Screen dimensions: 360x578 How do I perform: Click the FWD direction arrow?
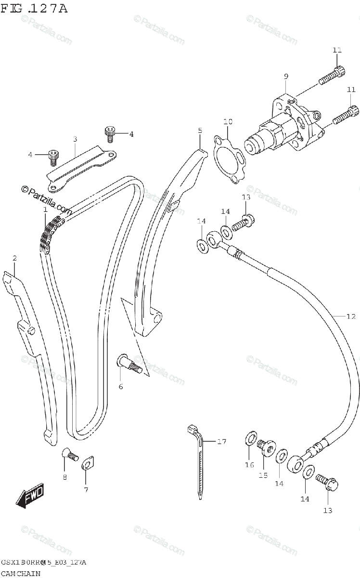(x=30, y=496)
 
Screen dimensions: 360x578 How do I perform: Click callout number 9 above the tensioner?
(x=286, y=76)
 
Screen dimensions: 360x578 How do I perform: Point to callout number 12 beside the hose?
(x=350, y=316)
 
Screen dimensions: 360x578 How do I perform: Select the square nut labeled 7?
(x=87, y=464)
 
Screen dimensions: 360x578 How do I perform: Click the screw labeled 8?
(x=70, y=454)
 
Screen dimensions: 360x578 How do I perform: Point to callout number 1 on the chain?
(x=45, y=210)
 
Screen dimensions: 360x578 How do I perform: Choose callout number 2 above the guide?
(x=14, y=258)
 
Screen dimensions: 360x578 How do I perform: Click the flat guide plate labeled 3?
(x=82, y=166)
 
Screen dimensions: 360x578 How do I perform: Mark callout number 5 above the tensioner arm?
(x=200, y=131)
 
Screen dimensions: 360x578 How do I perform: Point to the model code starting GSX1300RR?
(x=43, y=563)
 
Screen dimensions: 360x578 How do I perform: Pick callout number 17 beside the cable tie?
(x=221, y=441)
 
